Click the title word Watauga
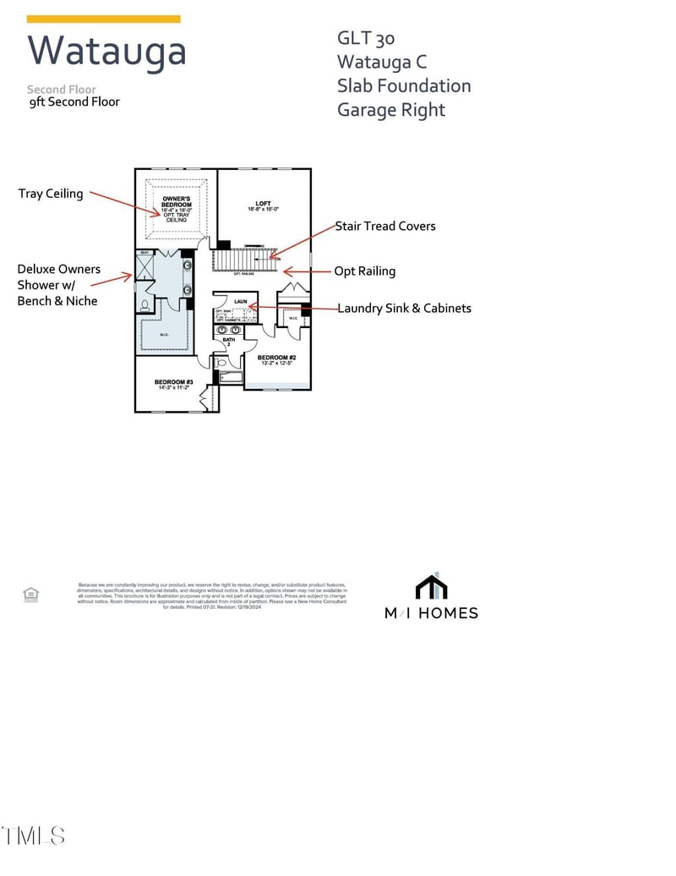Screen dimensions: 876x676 106,51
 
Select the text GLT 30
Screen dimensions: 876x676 366,38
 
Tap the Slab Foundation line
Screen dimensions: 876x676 404,85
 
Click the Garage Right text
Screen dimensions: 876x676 391,110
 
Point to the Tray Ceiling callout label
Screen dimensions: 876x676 51,194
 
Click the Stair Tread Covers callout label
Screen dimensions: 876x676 385,226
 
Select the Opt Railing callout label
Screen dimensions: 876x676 364,271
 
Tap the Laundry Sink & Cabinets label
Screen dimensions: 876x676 404,308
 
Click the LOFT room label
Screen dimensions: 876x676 263,204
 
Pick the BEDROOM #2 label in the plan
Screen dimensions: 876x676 275,358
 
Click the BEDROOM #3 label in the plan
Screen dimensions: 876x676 174,383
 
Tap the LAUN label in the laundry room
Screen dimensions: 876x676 240,301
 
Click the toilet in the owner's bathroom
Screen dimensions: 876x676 144,306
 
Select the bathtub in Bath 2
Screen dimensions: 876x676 230,376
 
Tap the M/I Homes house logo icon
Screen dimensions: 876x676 431,586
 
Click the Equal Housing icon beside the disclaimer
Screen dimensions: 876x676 31,594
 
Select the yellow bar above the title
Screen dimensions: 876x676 103,19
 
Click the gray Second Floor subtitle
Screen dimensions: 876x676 61,89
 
